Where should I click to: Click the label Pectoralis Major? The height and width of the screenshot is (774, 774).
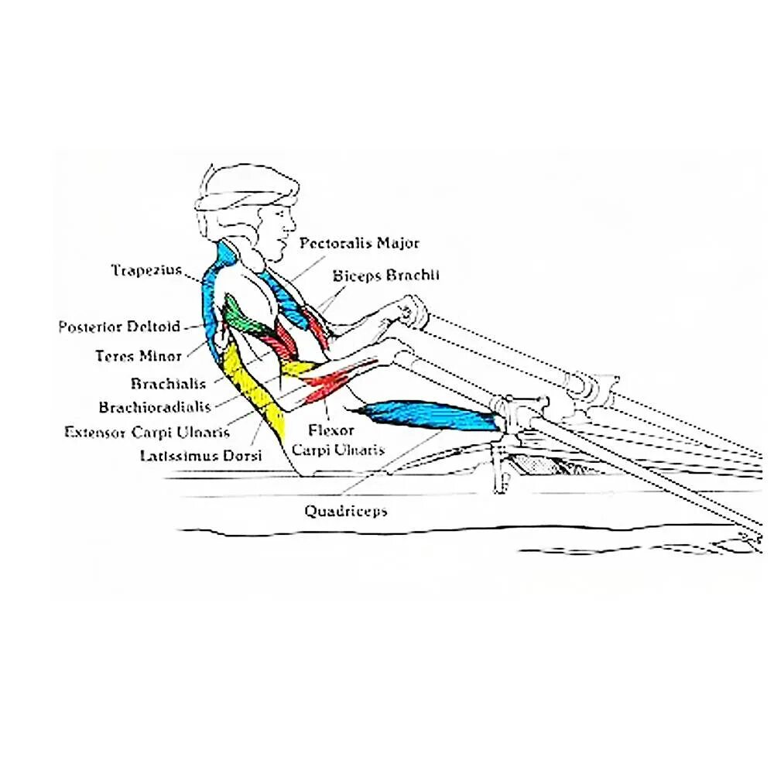coord(359,243)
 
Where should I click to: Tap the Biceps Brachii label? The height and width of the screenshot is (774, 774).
coord(386,275)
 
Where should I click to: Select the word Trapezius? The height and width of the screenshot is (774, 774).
coord(146,270)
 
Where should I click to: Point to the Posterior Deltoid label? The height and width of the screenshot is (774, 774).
coord(119,327)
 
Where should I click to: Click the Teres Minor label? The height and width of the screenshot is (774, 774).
coord(139,356)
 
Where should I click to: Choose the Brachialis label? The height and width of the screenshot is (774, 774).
coord(168,384)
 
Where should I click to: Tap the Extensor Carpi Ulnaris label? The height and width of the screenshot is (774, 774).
coord(147,432)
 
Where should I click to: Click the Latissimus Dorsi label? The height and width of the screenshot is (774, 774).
coord(200,456)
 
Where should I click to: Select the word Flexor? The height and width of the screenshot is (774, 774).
coord(331,430)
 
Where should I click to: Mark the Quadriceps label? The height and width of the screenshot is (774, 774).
coord(345,511)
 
